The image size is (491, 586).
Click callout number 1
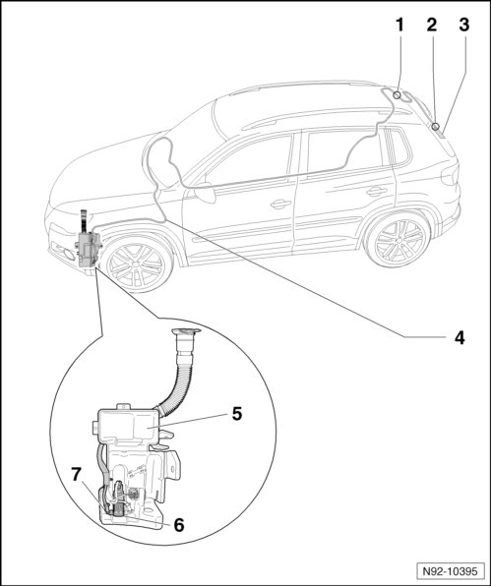click(x=399, y=25)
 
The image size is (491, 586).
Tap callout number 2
click(x=432, y=25)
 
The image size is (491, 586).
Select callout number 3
click(x=463, y=25)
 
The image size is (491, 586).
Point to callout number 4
click(x=460, y=338)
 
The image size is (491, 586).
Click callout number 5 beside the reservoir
click(x=237, y=414)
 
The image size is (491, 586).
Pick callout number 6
click(x=179, y=525)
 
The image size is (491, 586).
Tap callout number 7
click(x=77, y=475)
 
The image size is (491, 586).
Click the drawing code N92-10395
click(x=450, y=571)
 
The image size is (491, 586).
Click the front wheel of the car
click(x=135, y=264)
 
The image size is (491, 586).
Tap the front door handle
click(x=280, y=205)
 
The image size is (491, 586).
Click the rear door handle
click(x=376, y=192)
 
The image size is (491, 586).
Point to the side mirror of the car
click(x=205, y=193)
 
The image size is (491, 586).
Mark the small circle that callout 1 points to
click(x=398, y=95)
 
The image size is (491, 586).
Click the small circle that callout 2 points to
click(x=435, y=127)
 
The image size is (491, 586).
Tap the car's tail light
click(x=451, y=175)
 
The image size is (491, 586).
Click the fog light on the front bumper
click(x=69, y=255)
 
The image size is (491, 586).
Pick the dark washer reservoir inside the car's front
click(x=89, y=248)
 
